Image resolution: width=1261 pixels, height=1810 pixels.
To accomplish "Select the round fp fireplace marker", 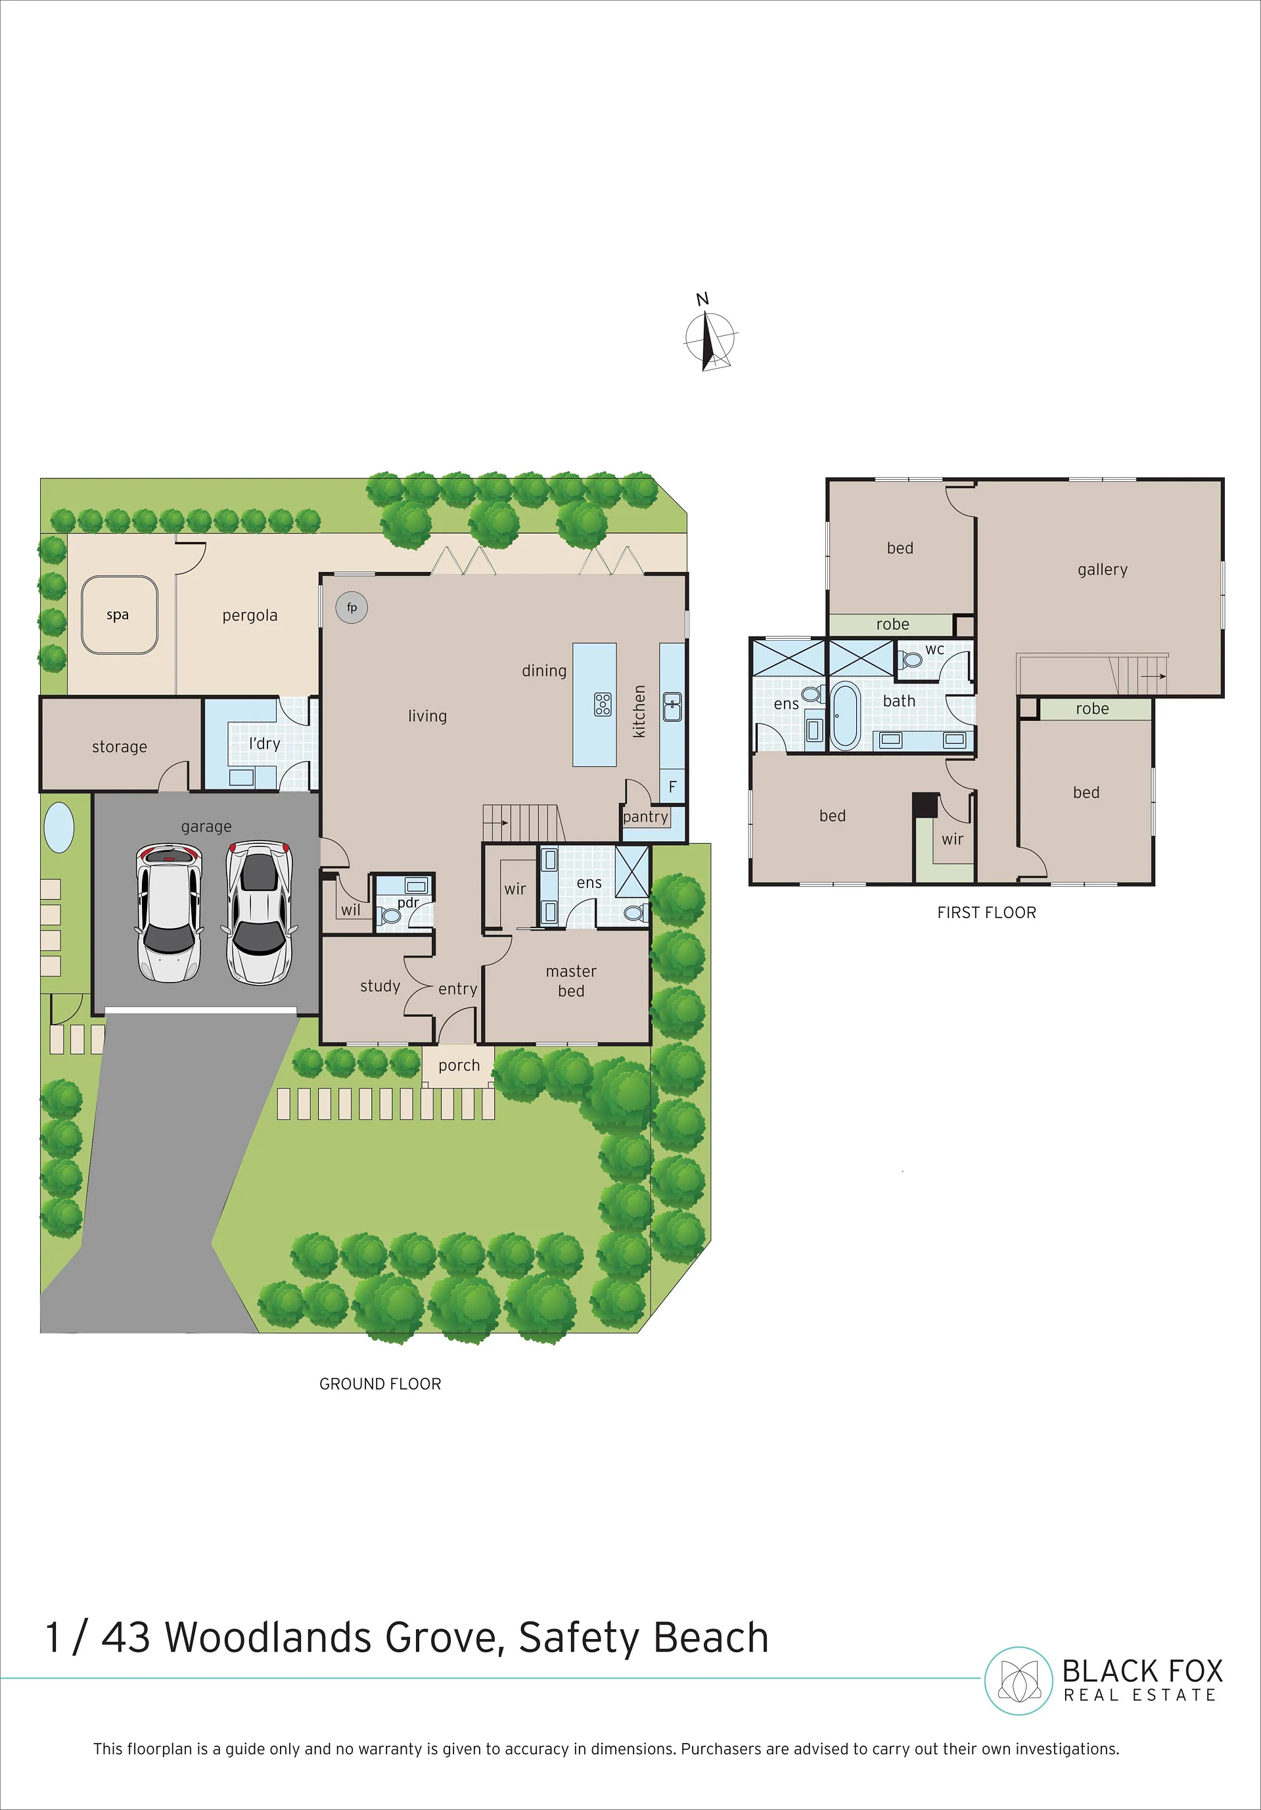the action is coord(352,607).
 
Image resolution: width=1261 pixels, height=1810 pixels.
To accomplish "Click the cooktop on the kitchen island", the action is coord(603,704).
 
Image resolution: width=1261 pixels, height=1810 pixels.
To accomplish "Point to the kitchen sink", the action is coord(672,707).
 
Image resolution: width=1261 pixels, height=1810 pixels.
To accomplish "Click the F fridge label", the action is coord(672,787).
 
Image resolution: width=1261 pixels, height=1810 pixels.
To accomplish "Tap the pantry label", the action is coord(645,818).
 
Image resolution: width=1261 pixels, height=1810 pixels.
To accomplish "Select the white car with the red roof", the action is coord(170,912).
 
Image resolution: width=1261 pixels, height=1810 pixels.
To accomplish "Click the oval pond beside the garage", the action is coord(59,827).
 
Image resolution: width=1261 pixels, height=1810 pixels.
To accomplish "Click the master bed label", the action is coord(572,981).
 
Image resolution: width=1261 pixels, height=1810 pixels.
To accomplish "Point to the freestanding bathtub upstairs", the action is coord(845,714).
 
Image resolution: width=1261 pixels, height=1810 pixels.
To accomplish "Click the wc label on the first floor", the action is coord(934,649).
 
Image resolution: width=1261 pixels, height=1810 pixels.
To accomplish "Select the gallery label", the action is coord(1103,569).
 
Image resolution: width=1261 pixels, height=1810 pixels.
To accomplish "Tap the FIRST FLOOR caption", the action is coord(987,912).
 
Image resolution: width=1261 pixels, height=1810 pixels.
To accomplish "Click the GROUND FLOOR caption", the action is coord(380,1383).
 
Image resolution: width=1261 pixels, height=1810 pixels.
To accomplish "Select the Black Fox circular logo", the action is coord(1019,1680).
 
